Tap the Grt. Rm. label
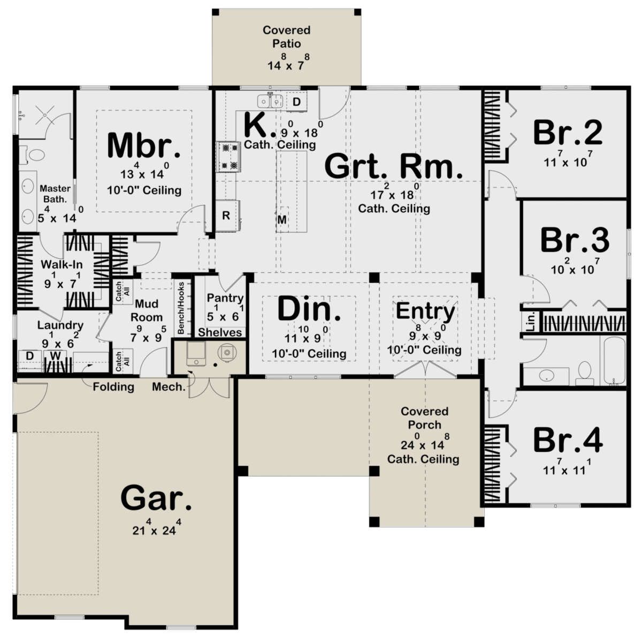coord(393,166)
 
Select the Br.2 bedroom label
coord(568,133)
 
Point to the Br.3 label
coord(575,240)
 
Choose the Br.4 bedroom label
coord(568,440)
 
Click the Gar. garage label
coord(156,498)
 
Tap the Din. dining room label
coord(309,309)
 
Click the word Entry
coord(425,311)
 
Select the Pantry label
coord(225,298)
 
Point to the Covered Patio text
coord(287,36)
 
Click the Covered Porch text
coord(424,418)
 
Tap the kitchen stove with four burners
coord(228,157)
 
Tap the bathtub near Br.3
coord(613,360)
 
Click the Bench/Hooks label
coord(181,307)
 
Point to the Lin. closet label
coord(531,322)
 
